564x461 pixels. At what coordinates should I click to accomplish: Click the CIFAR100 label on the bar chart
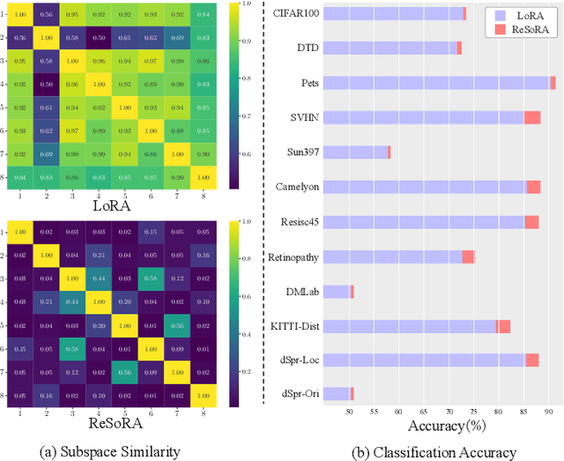(295, 13)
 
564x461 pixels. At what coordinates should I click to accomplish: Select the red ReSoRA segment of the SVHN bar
(532, 117)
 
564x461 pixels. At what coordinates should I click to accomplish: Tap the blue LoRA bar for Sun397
(355, 152)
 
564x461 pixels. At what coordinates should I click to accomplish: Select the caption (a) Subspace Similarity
(111, 452)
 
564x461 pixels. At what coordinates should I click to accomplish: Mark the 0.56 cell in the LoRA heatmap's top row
(46, 15)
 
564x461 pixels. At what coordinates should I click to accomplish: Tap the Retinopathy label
(293, 257)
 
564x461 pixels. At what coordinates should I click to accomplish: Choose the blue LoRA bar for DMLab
(337, 292)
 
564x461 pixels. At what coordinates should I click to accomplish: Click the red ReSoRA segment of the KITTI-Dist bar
(503, 326)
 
